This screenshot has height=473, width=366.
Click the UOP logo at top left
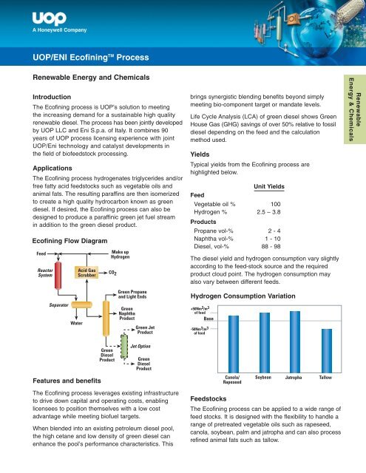50,18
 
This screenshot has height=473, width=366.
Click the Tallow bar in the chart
327,351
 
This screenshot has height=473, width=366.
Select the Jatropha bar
295,341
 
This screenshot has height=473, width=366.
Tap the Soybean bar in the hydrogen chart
265,343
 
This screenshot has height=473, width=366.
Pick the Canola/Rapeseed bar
234,344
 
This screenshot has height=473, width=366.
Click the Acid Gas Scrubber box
87,273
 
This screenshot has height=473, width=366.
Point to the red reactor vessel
58,276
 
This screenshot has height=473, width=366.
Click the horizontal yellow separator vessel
81,304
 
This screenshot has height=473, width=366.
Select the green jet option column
124,347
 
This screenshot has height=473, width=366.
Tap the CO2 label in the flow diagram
112,273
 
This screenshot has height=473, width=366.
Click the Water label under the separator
76,323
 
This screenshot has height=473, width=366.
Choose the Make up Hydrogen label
120,254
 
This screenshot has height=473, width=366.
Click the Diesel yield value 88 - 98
271,246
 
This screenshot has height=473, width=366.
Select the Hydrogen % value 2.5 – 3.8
268,212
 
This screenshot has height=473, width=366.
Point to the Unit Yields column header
269,186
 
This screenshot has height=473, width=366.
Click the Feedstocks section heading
209,399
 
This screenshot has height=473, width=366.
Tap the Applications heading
52,168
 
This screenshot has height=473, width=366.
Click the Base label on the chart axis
209,319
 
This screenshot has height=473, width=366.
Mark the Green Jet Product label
145,330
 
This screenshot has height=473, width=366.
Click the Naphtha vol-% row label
214,239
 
